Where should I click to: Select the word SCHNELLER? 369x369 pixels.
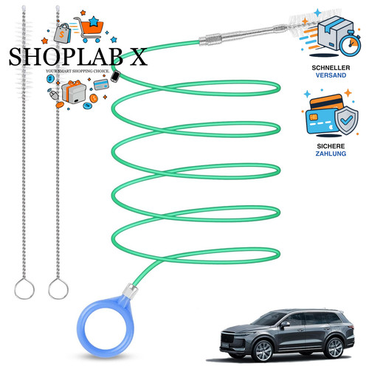tap(331, 68)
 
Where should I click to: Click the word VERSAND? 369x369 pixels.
tap(331, 75)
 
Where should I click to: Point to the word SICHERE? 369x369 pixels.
tap(331, 146)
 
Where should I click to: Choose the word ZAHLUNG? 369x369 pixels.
tap(331, 154)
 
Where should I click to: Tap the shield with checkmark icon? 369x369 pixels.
tap(346, 120)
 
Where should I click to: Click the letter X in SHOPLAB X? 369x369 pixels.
tap(138, 57)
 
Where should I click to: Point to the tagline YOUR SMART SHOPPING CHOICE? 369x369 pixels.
tap(77, 71)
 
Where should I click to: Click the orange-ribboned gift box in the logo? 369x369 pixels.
tap(73, 92)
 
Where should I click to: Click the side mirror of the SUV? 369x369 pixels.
tap(285, 325)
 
